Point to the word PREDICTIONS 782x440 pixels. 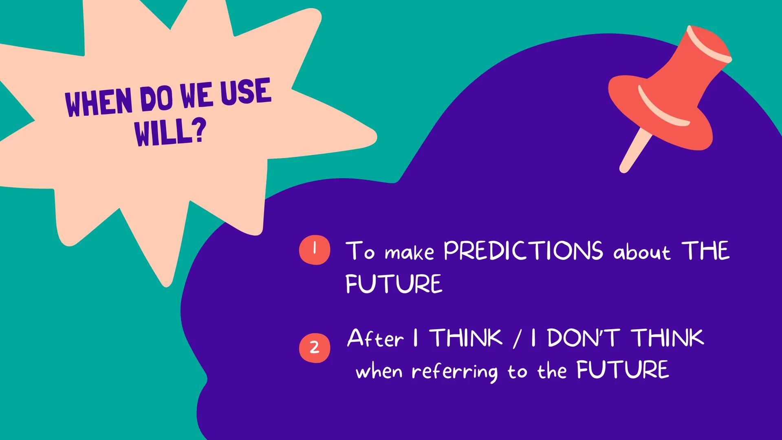click(523, 251)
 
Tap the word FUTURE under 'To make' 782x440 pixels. click(394, 284)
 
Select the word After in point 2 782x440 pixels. click(375, 339)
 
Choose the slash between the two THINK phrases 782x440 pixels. click(517, 339)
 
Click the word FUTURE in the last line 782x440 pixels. click(623, 370)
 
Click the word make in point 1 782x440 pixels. click(409, 253)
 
